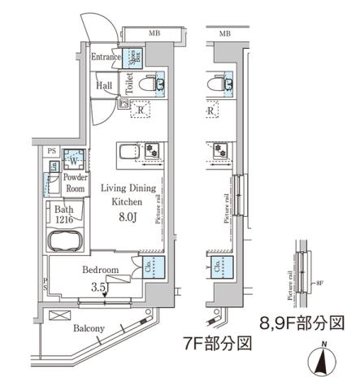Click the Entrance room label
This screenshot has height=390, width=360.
(x=106, y=57)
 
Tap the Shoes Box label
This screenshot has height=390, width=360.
(x=133, y=57)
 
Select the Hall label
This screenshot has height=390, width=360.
(x=104, y=84)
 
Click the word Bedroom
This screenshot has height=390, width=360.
(x=101, y=270)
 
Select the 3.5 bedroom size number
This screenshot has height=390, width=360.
(x=98, y=286)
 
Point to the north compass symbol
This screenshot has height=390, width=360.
(x=323, y=357)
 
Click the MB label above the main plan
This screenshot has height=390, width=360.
(x=153, y=33)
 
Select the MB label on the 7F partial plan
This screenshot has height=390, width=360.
(x=225, y=33)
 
